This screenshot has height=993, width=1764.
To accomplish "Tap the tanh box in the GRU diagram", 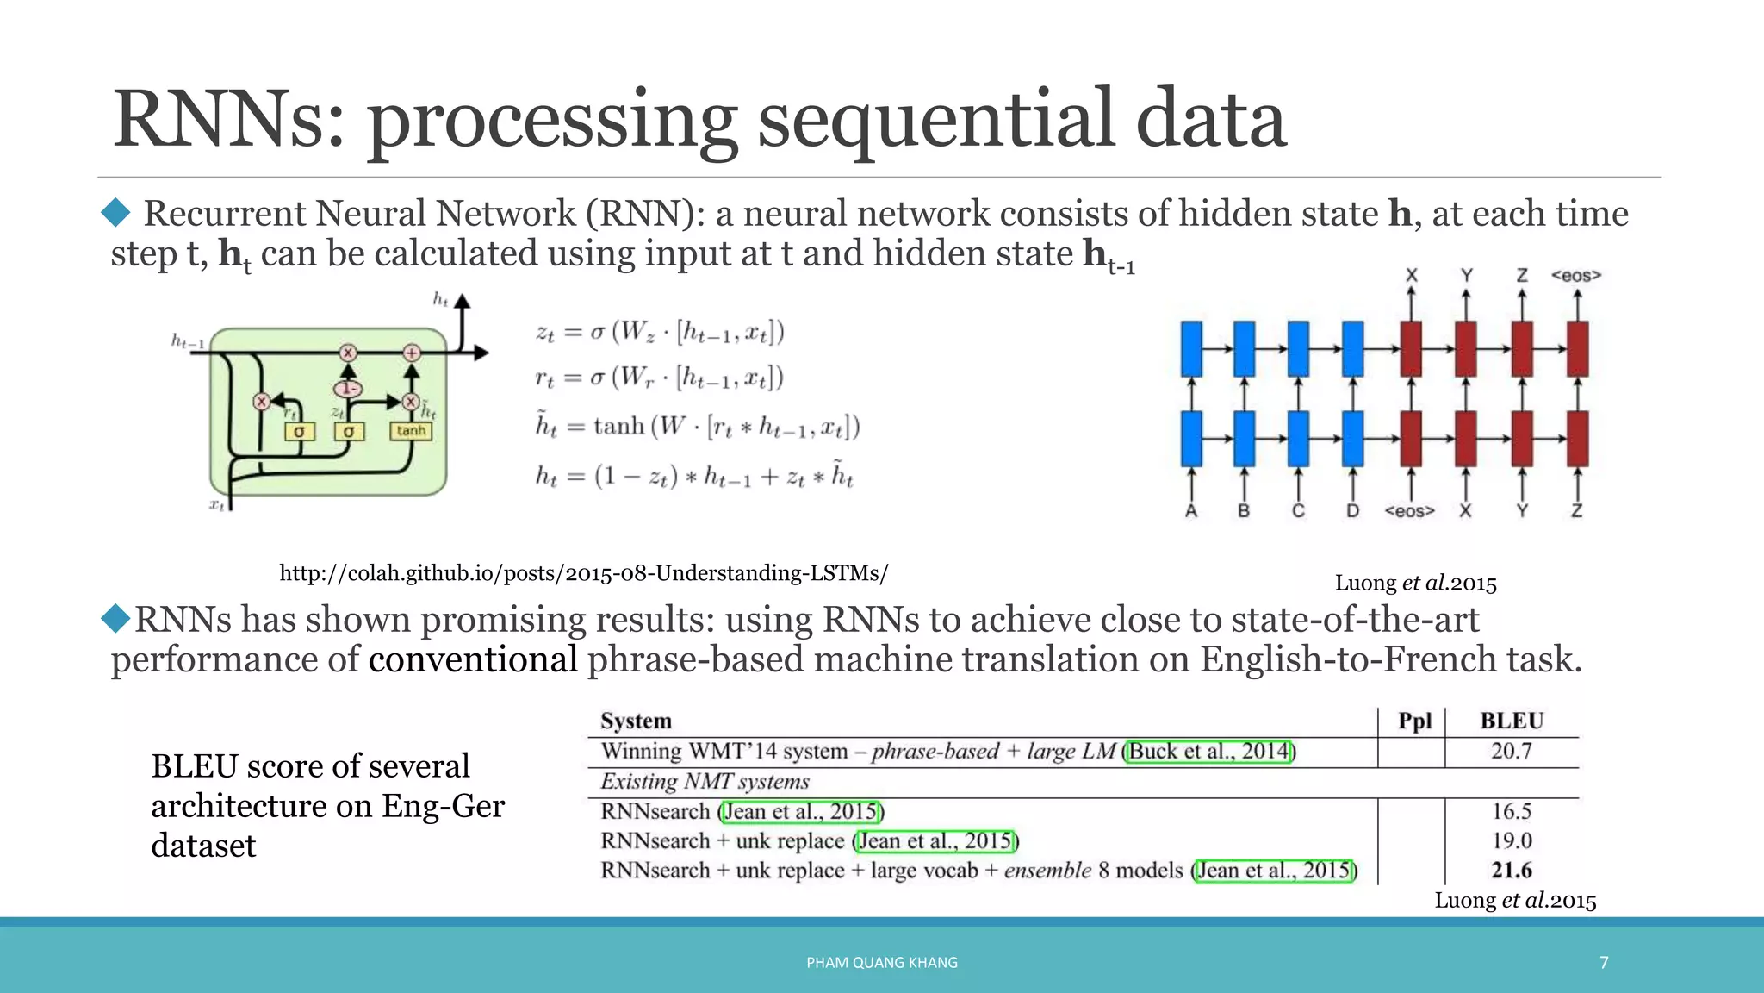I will [411, 431].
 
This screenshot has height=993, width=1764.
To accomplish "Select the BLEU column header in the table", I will [1512, 721].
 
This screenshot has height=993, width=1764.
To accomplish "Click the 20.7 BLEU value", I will [1512, 751].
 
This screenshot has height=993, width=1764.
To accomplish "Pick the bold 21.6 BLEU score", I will [1512, 870].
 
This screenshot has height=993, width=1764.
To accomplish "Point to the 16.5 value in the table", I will [1512, 811].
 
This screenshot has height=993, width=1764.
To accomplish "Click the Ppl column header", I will [1414, 721].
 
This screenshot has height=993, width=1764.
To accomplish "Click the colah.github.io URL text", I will [583, 573].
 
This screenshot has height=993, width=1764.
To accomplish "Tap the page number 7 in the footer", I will [1604, 962].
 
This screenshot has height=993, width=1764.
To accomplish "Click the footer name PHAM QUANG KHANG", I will [882, 962].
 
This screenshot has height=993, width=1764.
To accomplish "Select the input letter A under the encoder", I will [1191, 511].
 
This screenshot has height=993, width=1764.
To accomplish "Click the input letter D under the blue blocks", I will [1353, 511].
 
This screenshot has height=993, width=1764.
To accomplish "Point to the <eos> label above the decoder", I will [1576, 276].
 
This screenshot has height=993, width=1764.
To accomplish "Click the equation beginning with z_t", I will [660, 332].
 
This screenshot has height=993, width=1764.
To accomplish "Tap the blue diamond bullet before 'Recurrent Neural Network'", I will [115, 212].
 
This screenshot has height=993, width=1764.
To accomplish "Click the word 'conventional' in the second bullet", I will [473, 659].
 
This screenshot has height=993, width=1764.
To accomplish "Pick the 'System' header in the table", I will [636, 721].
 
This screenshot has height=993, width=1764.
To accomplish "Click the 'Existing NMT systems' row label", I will [705, 781].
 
